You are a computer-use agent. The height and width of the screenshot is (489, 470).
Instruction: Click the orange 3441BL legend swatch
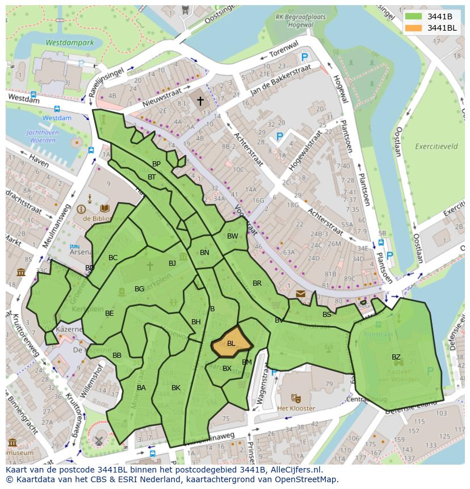(414, 28)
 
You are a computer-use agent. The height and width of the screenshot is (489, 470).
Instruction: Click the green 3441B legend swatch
(414, 16)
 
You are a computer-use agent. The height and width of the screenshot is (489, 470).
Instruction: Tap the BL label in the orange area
(231, 344)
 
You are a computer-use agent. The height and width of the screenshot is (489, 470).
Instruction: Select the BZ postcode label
(396, 357)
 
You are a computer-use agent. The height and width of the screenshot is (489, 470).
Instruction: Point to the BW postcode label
(233, 236)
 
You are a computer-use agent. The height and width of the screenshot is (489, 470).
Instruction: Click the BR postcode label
(257, 283)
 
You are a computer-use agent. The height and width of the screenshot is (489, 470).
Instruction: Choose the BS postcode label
(327, 315)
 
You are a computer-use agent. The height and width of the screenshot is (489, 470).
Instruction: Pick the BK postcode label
(176, 388)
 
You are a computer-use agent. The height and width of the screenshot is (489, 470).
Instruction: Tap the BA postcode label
(141, 388)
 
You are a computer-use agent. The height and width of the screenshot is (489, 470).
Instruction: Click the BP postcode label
(157, 164)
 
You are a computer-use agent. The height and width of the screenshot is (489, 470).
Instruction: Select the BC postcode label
(113, 258)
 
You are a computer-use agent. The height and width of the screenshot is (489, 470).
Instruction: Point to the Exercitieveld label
(437, 146)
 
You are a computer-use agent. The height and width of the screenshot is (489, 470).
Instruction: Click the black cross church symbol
(200, 101)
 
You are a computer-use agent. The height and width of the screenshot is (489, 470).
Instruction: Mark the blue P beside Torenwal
(305, 57)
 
